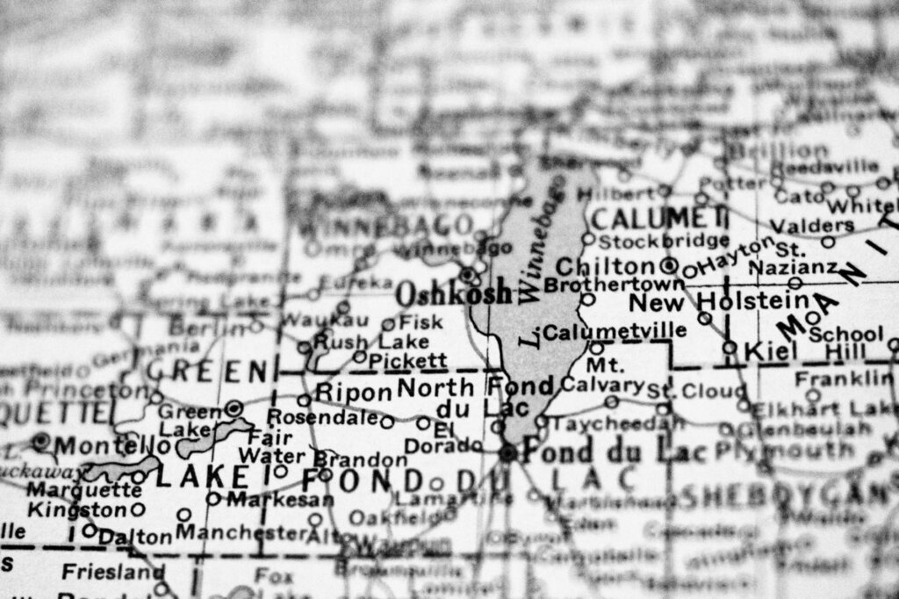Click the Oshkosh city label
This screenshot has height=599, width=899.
[x=453, y=292]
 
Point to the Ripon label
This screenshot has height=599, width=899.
[x=353, y=392]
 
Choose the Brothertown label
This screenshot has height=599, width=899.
[x=614, y=285]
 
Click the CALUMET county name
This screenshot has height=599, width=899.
[x=658, y=216]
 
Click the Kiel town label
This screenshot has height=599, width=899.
[x=768, y=350]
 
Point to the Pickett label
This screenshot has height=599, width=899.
[x=407, y=360]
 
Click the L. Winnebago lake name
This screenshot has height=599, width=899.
[x=537, y=263]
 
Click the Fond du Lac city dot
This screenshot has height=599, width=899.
[x=507, y=453]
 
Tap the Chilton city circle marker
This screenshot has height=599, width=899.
[x=670, y=265]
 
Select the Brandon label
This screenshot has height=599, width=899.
[x=360, y=459]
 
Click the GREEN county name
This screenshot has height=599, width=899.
[x=206, y=371]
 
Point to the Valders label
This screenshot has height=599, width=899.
[x=812, y=225]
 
